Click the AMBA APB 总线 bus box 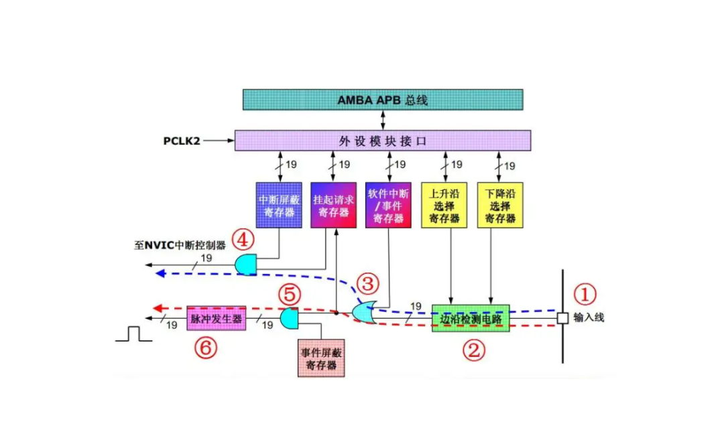383,100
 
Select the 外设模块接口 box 383,140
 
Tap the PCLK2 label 182,141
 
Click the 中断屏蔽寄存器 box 279,206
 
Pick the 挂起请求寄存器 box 333,206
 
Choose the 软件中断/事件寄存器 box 388,206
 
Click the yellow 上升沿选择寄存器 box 444,206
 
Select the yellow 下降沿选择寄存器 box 500,206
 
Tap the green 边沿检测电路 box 471,318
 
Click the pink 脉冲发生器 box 216,318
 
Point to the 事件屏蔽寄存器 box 321,358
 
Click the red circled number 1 585,295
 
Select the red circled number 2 474,350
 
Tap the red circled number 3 368,284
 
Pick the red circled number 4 243,240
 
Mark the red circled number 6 206,348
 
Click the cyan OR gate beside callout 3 364,313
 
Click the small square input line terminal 562,318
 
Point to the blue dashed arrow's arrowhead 160,274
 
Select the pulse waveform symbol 134,334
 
